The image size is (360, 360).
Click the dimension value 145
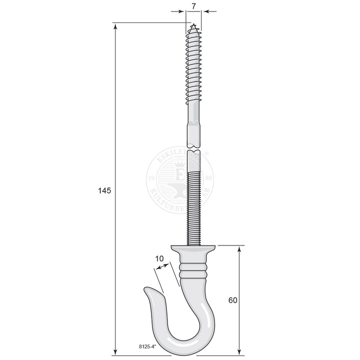103,190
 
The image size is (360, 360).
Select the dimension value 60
232,300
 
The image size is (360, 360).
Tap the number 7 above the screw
193,6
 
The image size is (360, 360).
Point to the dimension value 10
159,258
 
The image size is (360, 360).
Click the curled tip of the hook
147,290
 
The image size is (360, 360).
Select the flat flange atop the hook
193,248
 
